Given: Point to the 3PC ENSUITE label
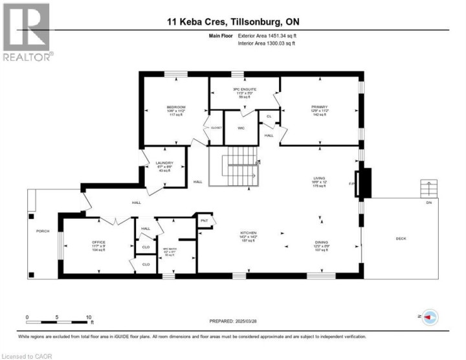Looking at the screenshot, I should [x=243, y=90].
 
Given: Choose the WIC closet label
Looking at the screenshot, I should [x=241, y=128].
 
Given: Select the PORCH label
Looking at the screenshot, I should [x=42, y=230].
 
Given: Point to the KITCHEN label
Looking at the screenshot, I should [x=249, y=232].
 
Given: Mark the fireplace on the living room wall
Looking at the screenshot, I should [x=365, y=183].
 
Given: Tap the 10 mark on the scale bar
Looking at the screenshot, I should [x=89, y=318].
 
